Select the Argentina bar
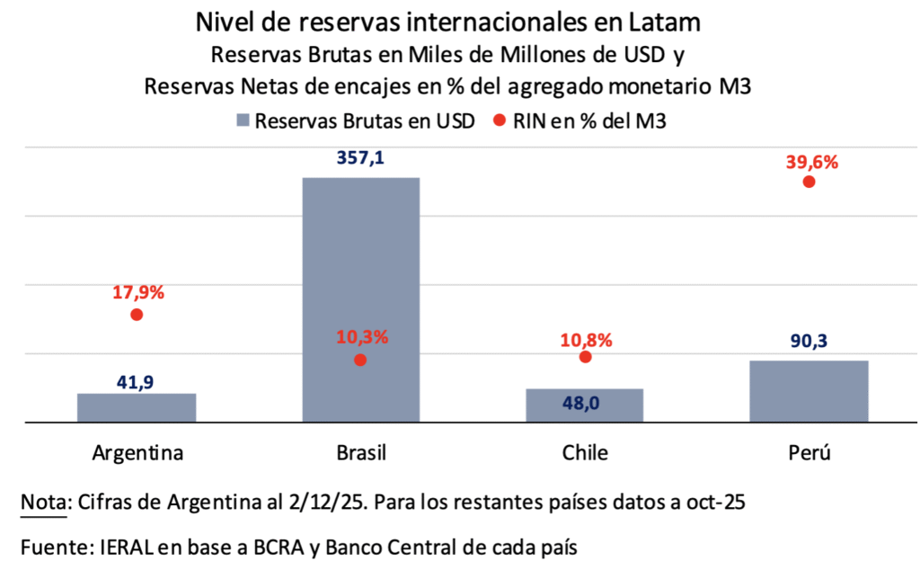point(137,407)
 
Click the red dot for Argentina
point(137,315)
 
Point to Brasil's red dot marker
point(360,360)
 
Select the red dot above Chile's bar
point(586,357)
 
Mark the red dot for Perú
point(809,182)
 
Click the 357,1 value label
point(360,158)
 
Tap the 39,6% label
point(809,162)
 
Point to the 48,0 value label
point(584,404)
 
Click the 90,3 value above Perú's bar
point(809,342)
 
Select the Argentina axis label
point(137,451)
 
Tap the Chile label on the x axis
point(584,451)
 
